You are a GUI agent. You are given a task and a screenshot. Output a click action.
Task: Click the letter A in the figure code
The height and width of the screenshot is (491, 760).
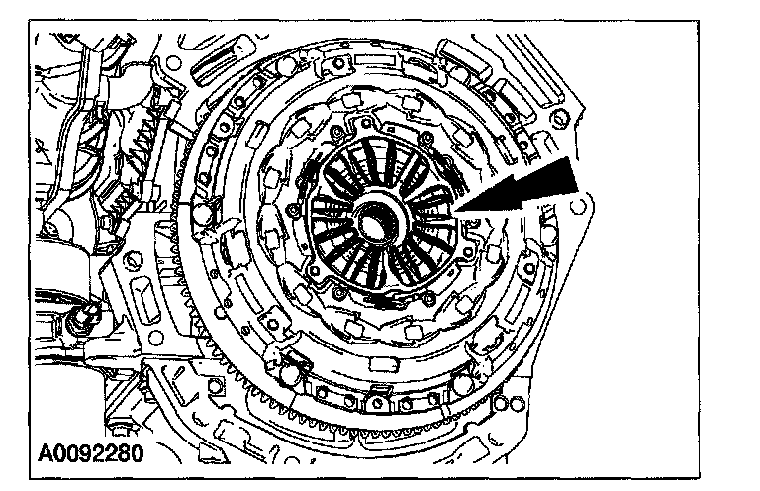pyautogui.click(x=47, y=455)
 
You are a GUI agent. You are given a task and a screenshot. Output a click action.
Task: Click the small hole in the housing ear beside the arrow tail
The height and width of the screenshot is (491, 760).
pyautogui.click(x=580, y=208)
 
